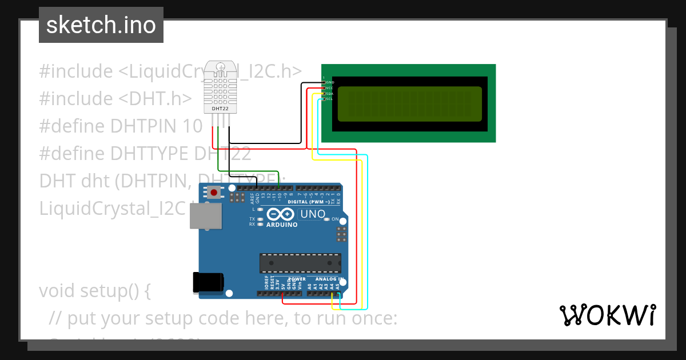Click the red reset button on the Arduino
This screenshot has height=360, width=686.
click(214, 192)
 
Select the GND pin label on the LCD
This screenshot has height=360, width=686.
click(330, 82)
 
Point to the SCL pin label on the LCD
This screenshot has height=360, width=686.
click(329, 99)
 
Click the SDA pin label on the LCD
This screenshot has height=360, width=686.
click(329, 93)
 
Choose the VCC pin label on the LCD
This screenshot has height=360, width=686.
click(329, 88)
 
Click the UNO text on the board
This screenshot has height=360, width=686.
click(313, 214)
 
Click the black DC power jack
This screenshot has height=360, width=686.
click(208, 282)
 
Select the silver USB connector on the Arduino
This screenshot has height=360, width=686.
click(205, 216)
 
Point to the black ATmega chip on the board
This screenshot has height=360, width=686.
click(300, 263)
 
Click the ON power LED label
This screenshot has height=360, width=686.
click(335, 219)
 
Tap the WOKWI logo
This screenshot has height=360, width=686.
click(607, 315)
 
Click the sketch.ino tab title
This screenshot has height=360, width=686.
click(101, 25)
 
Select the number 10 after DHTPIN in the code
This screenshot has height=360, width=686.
click(193, 126)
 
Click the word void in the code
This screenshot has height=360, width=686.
click(58, 291)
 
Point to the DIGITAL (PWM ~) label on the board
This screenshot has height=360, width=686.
click(309, 202)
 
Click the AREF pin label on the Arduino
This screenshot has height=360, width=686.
click(252, 198)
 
